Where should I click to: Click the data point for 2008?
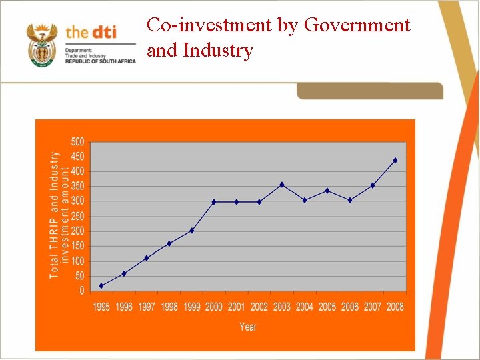click(395, 161)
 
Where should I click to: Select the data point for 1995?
click(101, 286)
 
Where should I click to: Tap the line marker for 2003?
click(282, 185)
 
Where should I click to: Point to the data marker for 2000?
click(214, 202)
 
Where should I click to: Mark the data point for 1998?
click(169, 243)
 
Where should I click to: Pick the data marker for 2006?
click(350, 200)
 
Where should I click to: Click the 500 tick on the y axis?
click(77, 142)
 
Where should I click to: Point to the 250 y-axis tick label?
click(77, 217)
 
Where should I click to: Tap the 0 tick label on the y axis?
click(81, 291)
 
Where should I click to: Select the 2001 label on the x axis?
click(237, 307)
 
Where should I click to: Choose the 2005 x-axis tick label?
click(327, 307)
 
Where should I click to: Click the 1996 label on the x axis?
click(124, 307)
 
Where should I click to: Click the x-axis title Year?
click(248, 327)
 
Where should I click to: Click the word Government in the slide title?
click(357, 25)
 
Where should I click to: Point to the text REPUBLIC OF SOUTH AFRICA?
click(100, 61)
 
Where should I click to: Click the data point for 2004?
click(305, 200)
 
